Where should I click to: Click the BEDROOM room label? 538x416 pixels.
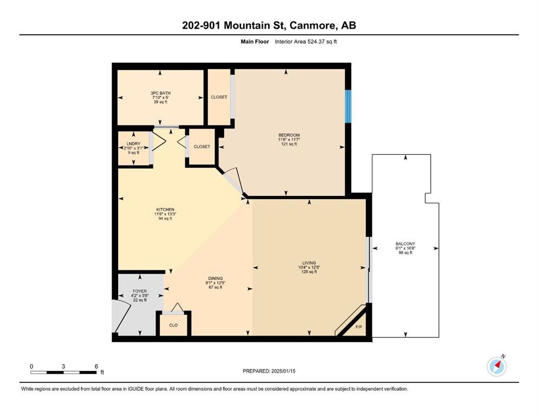coord(289,135)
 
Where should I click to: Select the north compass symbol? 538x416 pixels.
coord(496,367)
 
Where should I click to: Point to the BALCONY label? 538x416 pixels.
coord(405,244)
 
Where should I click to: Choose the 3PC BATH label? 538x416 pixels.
coord(160,93)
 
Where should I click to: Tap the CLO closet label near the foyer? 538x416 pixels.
coord(173,326)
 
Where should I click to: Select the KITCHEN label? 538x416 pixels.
coord(165,210)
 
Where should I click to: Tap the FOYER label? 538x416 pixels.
coord(140,291)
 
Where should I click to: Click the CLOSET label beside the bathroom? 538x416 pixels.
coord(219,97)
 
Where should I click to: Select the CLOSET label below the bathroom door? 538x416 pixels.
coord(202,146)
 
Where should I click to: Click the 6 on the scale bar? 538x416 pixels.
coord(96,366)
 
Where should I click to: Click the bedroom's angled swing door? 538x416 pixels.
coord(233,179)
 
